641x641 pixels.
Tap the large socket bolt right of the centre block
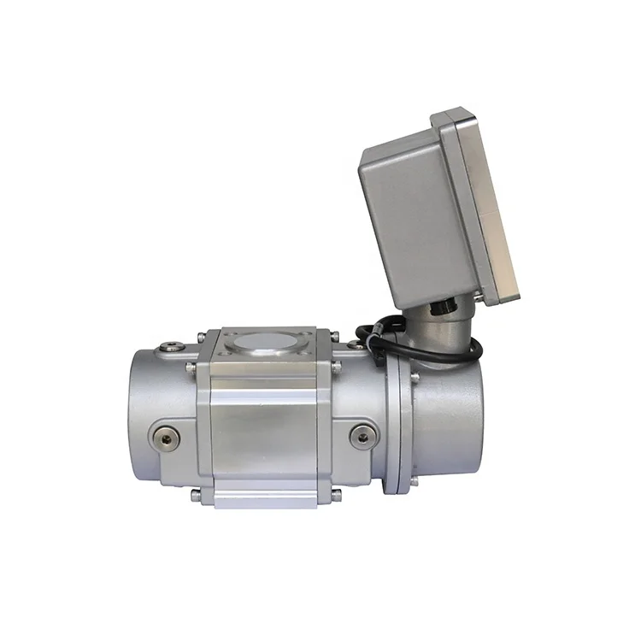pyautogui.click(x=363, y=438)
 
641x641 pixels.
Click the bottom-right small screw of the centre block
pyautogui.click(x=336, y=493)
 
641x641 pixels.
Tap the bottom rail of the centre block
pyautogui.click(x=265, y=495)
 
